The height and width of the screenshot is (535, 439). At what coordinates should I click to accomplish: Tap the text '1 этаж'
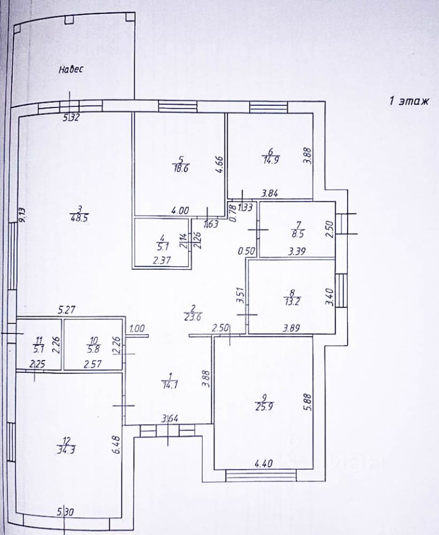(x=409, y=101)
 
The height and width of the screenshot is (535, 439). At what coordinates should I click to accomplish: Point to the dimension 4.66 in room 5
(x=219, y=166)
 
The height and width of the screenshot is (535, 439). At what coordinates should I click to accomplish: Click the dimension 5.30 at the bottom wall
(x=66, y=511)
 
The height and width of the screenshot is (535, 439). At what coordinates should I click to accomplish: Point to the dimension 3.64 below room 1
(x=170, y=420)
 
